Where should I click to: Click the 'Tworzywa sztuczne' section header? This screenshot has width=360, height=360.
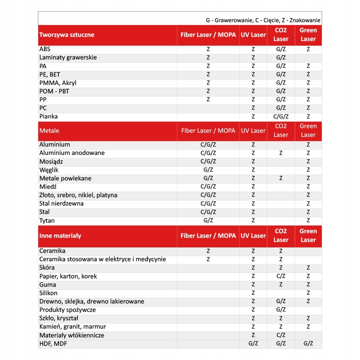coord(67,35)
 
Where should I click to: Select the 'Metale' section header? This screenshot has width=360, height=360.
coord(49,131)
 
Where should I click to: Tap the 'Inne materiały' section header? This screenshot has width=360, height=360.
coord(60,236)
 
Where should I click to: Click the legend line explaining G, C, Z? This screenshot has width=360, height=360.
coord(263,20)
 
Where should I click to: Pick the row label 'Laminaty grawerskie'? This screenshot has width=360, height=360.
coord(68,57)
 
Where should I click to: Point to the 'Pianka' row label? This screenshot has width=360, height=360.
coord(49,116)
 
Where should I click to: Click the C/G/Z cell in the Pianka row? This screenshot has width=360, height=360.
coord(281,116)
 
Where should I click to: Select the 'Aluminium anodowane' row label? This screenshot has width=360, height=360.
coord(72,153)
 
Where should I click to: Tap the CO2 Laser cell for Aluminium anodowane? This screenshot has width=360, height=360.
coord(281,153)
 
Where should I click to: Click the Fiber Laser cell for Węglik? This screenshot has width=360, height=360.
coord(208,170)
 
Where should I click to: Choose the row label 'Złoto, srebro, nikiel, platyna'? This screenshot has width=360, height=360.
coord(78,195)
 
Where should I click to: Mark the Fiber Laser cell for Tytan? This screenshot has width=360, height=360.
coord(208,221)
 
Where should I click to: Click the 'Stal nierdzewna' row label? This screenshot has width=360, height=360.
coord(62,203)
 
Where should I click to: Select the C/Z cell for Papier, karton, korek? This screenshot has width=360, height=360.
coord(281,276)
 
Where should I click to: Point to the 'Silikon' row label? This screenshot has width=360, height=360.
coord(49,293)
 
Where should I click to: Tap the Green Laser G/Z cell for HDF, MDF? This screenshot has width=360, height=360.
coord(308,344)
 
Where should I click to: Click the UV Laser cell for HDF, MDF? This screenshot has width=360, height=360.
coord(253,344)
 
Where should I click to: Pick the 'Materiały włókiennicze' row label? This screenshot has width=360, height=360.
coord(72,335)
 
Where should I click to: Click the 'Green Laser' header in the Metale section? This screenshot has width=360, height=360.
coord(308,131)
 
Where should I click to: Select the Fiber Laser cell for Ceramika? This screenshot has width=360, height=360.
coord(208,251)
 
